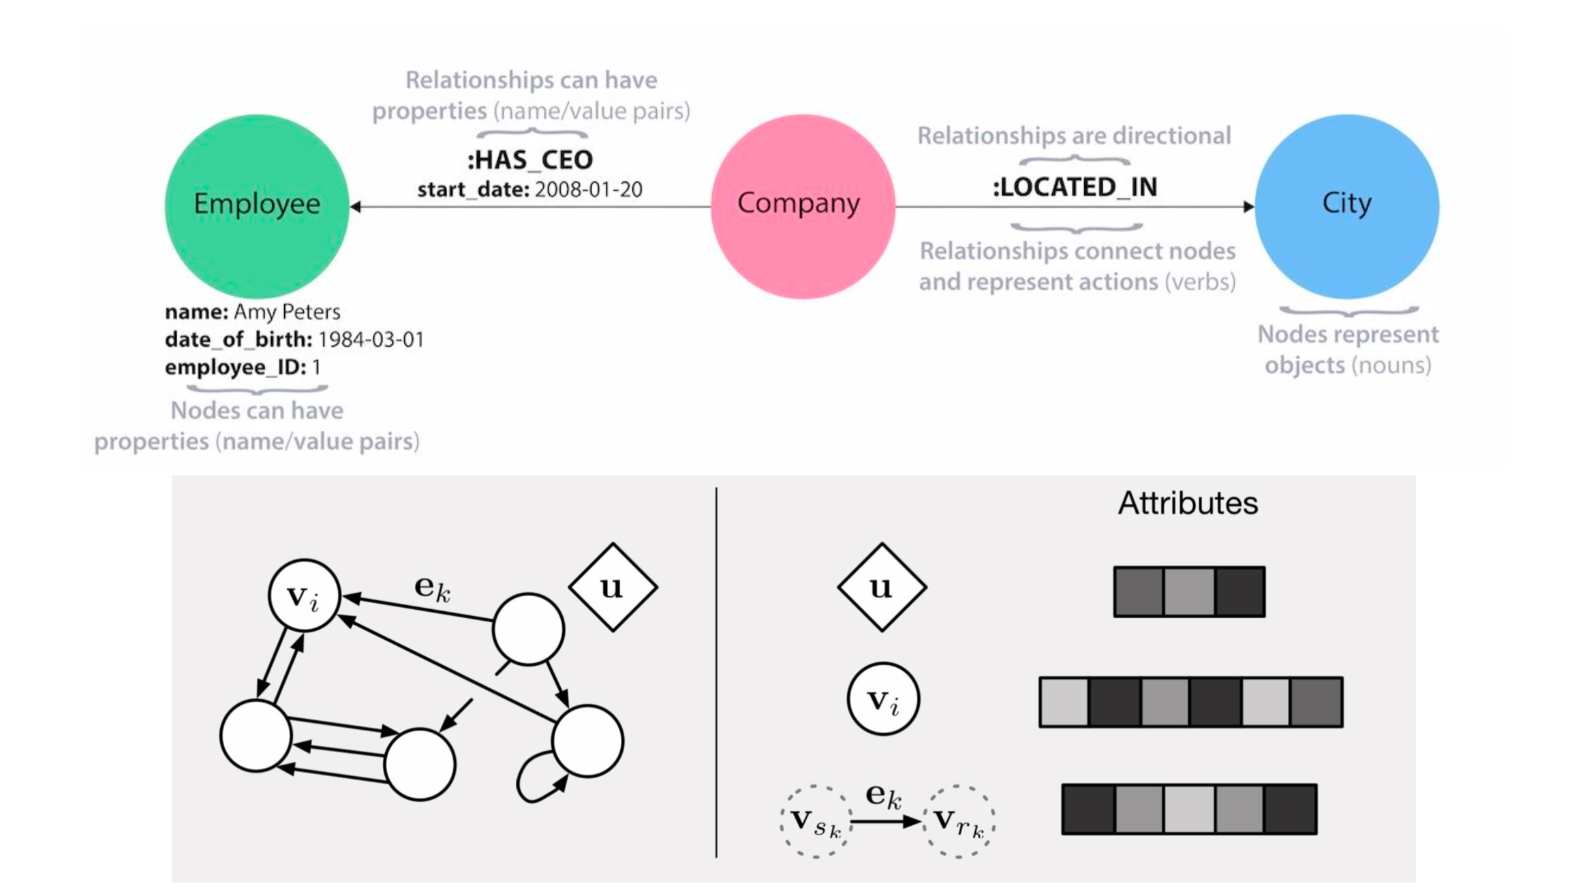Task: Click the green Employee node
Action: (x=257, y=206)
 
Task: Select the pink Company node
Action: (x=802, y=206)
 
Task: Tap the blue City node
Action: (x=1347, y=206)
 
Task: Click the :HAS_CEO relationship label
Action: (x=530, y=160)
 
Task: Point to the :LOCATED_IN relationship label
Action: (x=1075, y=187)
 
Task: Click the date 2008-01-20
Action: (x=588, y=189)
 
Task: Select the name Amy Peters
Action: (x=287, y=312)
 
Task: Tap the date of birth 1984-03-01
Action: (x=371, y=339)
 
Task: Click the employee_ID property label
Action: (x=235, y=367)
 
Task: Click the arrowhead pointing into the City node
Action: (x=1248, y=206)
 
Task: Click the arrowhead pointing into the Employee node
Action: (x=356, y=206)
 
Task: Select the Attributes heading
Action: (x=1188, y=504)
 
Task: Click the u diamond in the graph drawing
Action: (x=613, y=587)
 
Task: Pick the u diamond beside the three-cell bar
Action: (x=882, y=587)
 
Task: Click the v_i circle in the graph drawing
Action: (x=304, y=596)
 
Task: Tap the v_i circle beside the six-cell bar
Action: (x=883, y=698)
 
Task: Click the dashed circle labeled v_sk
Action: (x=816, y=821)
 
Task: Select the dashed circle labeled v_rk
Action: (x=959, y=821)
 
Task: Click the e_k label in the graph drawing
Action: (x=432, y=587)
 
